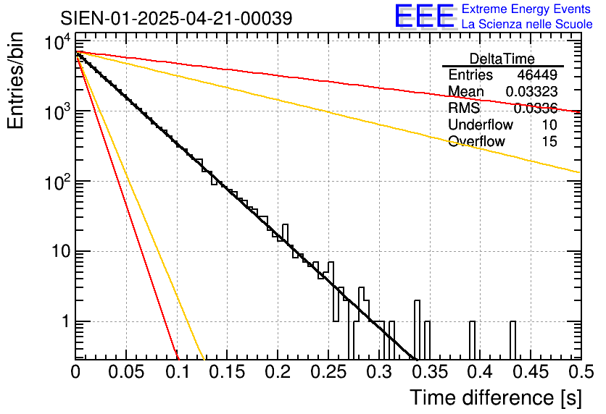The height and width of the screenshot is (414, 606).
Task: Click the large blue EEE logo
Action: pyautogui.click(x=424, y=16)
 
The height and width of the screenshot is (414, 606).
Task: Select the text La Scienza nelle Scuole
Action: pyautogui.click(x=526, y=25)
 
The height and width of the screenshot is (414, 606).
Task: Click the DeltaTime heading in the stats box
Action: pyautogui.click(x=502, y=59)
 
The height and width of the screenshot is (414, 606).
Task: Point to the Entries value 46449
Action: pyautogui.click(x=537, y=75)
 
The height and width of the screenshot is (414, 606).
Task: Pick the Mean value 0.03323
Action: pyautogui.click(x=531, y=92)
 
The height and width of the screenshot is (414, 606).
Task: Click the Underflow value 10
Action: pyautogui.click(x=549, y=125)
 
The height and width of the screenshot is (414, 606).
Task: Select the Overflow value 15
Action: pyautogui.click(x=549, y=142)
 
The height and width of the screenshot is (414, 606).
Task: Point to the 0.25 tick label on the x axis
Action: pyautogui.click(x=328, y=372)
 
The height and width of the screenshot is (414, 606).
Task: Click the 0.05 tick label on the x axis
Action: pyautogui.click(x=126, y=372)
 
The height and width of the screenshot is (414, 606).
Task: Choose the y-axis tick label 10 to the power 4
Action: pyautogui.click(x=57, y=43)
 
